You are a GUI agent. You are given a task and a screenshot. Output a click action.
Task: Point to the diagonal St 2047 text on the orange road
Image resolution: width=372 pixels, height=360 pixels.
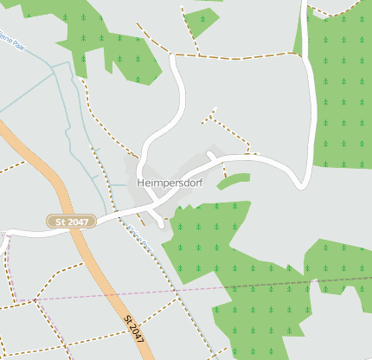133,330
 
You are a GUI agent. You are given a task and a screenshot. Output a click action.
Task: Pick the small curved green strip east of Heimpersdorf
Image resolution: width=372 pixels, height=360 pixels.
234,180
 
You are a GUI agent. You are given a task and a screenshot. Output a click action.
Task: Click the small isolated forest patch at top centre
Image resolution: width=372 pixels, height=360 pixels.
201,21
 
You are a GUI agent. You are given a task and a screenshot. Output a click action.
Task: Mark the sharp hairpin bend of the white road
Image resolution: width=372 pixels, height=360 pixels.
303,182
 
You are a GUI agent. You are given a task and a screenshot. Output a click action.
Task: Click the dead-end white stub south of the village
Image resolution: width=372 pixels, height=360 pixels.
162,224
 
